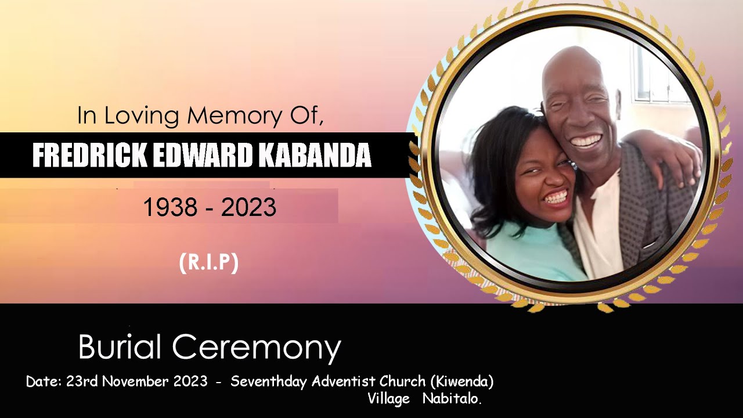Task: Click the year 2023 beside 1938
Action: [x=248, y=207]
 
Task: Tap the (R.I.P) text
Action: [x=209, y=263]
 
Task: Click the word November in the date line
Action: [x=136, y=381]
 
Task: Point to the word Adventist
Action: [x=344, y=381]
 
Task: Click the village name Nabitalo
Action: [x=452, y=399]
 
